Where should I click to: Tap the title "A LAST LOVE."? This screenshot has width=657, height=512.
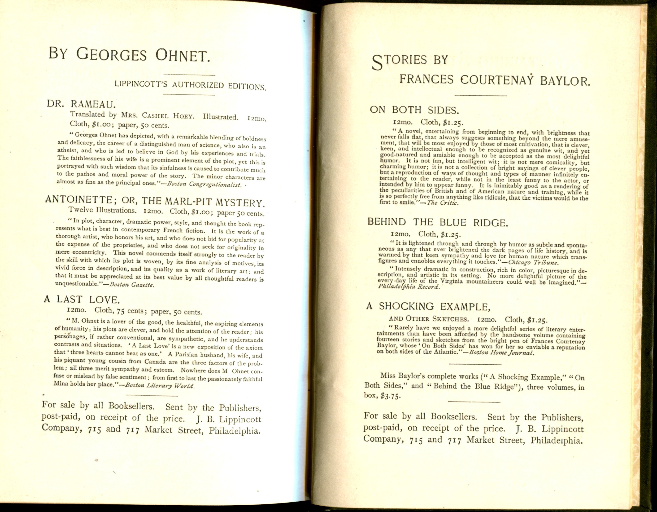(82, 299)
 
